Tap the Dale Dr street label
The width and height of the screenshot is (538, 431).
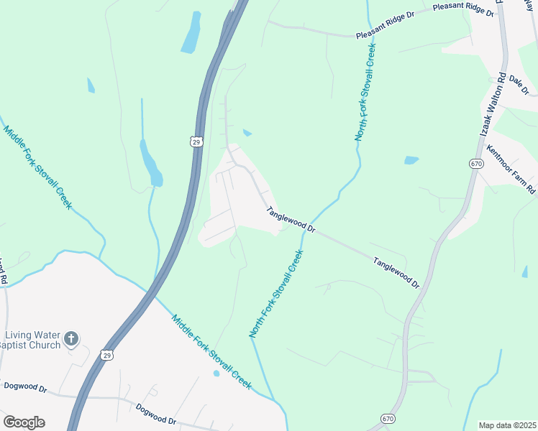(x=518, y=85)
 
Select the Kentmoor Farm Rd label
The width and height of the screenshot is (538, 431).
(x=511, y=170)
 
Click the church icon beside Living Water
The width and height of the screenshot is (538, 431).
(x=71, y=338)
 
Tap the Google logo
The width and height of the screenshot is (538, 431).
(x=24, y=422)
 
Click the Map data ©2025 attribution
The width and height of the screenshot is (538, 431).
(x=507, y=425)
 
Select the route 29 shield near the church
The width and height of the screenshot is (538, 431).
(x=107, y=355)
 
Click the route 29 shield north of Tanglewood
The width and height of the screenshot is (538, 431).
(x=196, y=142)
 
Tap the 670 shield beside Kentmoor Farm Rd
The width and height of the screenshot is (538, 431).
(x=475, y=163)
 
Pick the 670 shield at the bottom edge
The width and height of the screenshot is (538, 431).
(x=388, y=419)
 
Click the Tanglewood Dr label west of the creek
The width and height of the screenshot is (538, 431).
(x=291, y=220)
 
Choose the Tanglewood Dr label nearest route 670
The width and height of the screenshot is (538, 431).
(x=396, y=273)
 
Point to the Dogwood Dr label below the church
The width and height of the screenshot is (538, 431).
(x=24, y=387)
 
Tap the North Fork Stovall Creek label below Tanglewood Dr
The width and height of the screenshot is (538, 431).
(x=276, y=295)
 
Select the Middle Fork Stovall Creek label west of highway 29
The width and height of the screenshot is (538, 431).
(x=38, y=167)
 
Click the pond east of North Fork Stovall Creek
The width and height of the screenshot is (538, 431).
(x=411, y=160)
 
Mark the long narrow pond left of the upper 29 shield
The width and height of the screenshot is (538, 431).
(x=151, y=164)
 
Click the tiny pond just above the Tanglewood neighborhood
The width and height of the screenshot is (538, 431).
(x=247, y=133)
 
